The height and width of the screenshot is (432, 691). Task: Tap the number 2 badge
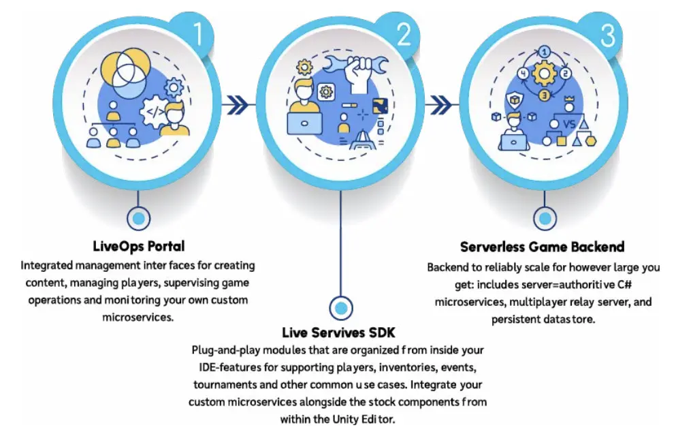coord(404,35)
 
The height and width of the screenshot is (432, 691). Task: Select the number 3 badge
coord(608,35)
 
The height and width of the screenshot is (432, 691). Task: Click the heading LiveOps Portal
coord(139,245)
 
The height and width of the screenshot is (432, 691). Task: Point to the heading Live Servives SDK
coord(339,333)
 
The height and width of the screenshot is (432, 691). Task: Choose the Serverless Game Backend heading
coord(542,247)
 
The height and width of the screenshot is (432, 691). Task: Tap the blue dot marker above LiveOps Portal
coord(138,219)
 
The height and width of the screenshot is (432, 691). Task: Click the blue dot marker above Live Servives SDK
coord(340,307)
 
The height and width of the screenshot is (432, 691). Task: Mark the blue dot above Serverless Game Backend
coord(543,219)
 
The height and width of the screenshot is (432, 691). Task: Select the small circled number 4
coord(522,73)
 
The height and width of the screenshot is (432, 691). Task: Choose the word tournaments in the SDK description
coord(225,385)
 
